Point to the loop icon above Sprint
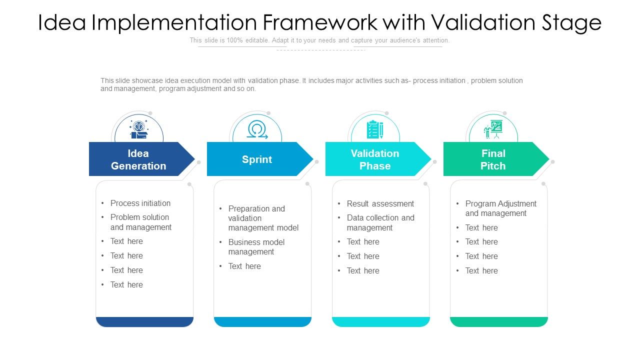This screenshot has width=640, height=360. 257,129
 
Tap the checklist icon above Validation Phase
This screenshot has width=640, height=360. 374,129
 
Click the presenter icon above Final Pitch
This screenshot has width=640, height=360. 493,129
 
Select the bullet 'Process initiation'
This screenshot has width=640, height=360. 140,203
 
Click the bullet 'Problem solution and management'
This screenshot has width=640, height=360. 140,222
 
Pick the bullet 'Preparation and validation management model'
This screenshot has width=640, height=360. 263,218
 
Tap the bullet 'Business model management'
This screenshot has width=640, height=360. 256,247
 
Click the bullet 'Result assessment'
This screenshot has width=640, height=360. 380,203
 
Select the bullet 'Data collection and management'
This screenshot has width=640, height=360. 380,222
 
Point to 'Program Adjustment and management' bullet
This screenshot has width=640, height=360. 500,208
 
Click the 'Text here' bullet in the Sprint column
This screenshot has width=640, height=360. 244,266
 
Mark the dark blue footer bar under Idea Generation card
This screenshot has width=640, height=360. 144,321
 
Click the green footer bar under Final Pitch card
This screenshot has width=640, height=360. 498,321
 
